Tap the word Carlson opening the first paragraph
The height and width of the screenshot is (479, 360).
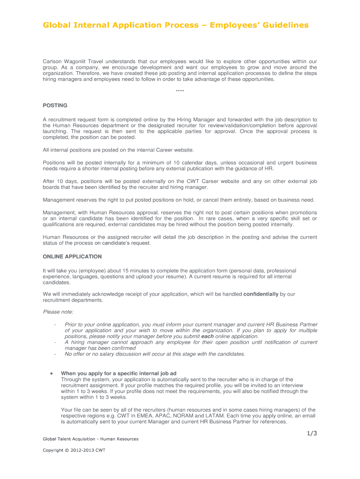click(x=53, y=61)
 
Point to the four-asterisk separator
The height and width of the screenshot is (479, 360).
click(x=180, y=91)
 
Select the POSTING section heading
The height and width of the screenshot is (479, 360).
click(x=55, y=105)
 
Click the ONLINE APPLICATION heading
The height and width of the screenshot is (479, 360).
click(x=72, y=256)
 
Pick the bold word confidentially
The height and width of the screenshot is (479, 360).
click(x=261, y=294)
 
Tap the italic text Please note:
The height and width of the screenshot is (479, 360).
click(x=58, y=312)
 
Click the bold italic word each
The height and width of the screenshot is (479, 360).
click(x=207, y=336)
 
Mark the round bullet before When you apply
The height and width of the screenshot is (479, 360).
click(x=51, y=374)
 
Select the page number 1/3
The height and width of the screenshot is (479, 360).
click(x=312, y=433)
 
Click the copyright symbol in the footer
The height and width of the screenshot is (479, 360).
click(x=66, y=450)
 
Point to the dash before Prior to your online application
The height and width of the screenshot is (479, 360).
click(x=55, y=325)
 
